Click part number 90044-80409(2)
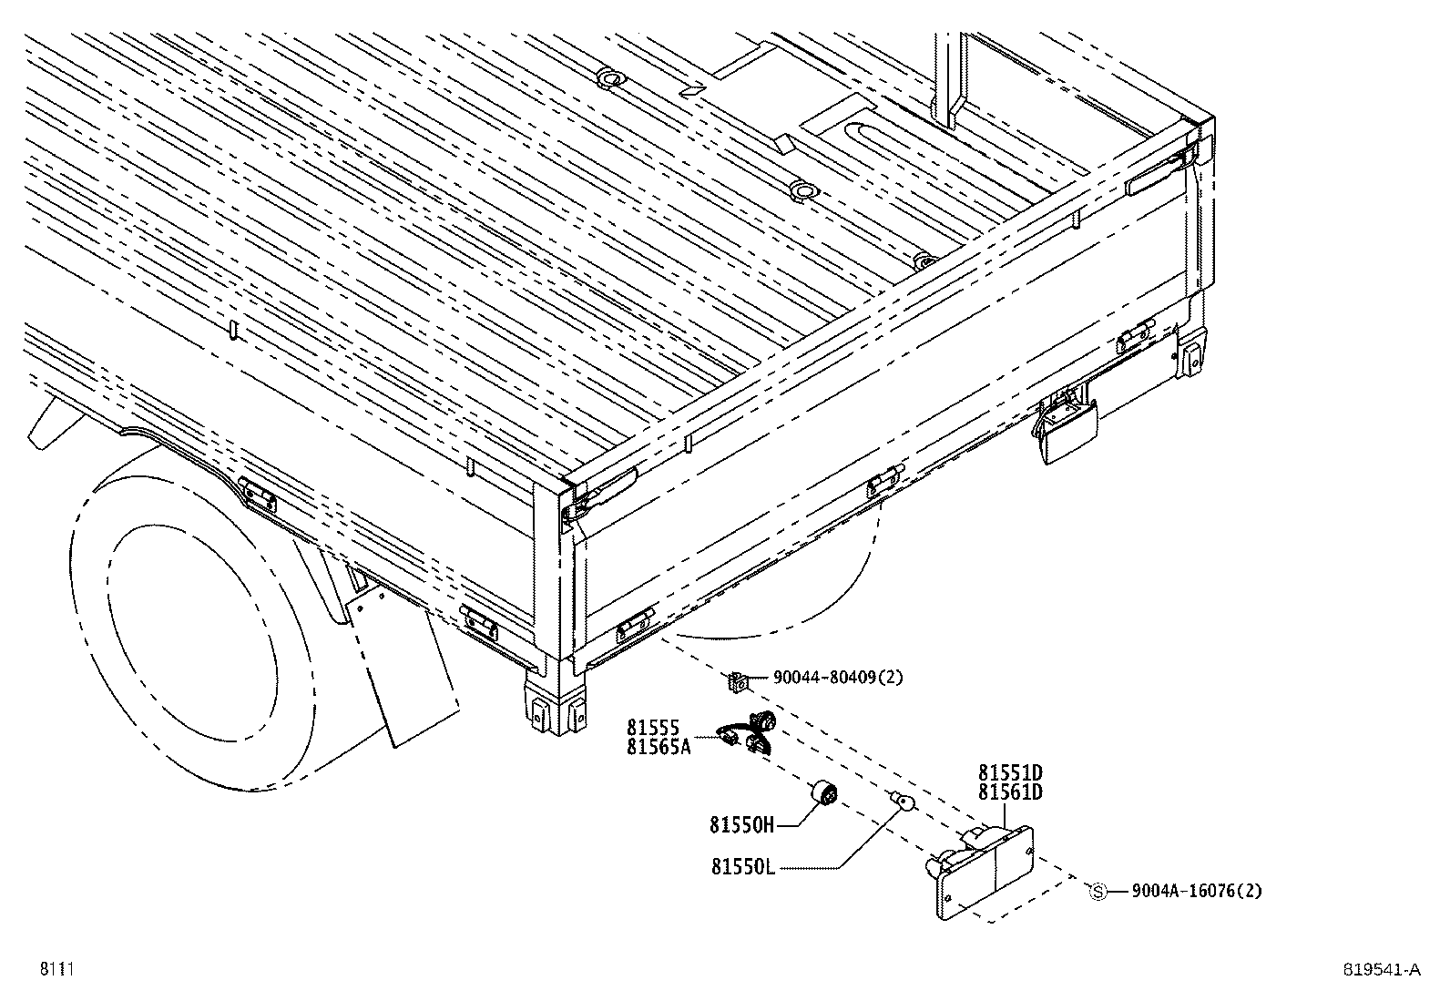[x=838, y=678]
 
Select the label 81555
[x=653, y=728]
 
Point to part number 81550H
[x=741, y=826]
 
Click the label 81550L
[x=742, y=867]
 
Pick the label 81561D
[x=1010, y=792]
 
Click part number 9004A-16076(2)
[x=1197, y=892]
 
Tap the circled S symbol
[x=1098, y=892]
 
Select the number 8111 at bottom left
[x=55, y=970]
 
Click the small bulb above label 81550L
[x=901, y=801]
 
